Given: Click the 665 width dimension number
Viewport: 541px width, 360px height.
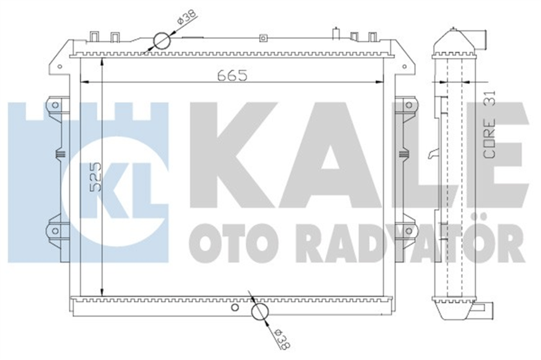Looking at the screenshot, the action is pyautogui.click(x=232, y=75).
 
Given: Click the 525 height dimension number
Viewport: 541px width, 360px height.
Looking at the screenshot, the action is pyautogui.click(x=95, y=177).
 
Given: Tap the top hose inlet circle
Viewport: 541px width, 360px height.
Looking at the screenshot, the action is pyautogui.click(x=162, y=41).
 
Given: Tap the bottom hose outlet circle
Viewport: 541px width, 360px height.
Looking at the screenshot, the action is pyautogui.click(x=260, y=312).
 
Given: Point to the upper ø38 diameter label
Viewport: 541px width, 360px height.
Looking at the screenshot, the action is pyautogui.click(x=187, y=17).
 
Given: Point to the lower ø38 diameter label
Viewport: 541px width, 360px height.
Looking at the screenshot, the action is pyautogui.click(x=283, y=338).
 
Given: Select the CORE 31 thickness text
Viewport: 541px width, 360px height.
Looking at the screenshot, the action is pyautogui.click(x=490, y=125).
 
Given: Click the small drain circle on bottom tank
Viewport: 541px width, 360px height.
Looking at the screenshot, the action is pyautogui.click(x=235, y=307).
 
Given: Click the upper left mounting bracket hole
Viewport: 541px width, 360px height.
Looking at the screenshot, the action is pyautogui.click(x=55, y=104).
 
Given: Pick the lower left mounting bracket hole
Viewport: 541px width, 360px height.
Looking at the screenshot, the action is pyautogui.click(x=55, y=231).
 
